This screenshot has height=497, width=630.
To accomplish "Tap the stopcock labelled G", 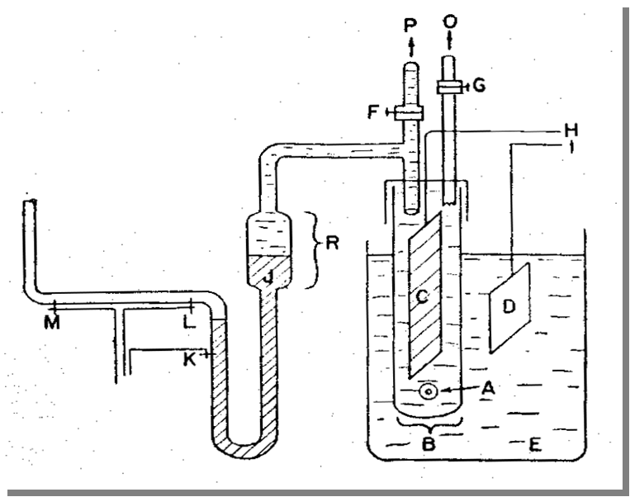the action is pyautogui.click(x=450, y=85).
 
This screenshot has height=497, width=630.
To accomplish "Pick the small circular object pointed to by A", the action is pyautogui.click(x=429, y=392).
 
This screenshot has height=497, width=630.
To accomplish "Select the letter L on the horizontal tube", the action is pyautogui.click(x=188, y=322).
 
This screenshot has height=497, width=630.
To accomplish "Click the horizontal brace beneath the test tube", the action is pyautogui.click(x=429, y=424).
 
